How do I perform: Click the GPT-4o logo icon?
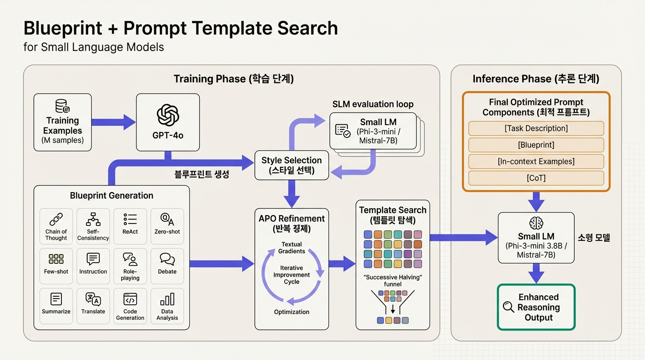point(168,115)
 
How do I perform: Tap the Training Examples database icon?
point(62,106)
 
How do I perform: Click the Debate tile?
point(167,266)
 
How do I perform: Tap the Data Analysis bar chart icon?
point(167,299)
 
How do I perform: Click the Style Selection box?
point(292,165)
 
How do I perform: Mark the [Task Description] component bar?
point(536,128)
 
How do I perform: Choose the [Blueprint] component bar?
point(536,145)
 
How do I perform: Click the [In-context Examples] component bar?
point(536,161)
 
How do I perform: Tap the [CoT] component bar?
point(536,178)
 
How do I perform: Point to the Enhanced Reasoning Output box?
point(536,307)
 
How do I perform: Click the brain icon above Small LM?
point(536,223)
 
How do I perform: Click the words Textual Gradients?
point(292,247)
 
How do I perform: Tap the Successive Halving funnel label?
point(393,280)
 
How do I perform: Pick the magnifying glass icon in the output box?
point(508,307)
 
